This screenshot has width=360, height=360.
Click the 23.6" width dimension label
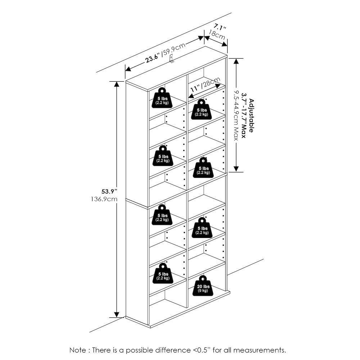(153, 58)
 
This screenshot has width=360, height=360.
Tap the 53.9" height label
(107, 191)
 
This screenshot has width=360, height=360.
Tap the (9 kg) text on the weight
(202, 291)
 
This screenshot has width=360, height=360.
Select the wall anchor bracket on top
(172, 59)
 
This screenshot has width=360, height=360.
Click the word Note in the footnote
(78, 350)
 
